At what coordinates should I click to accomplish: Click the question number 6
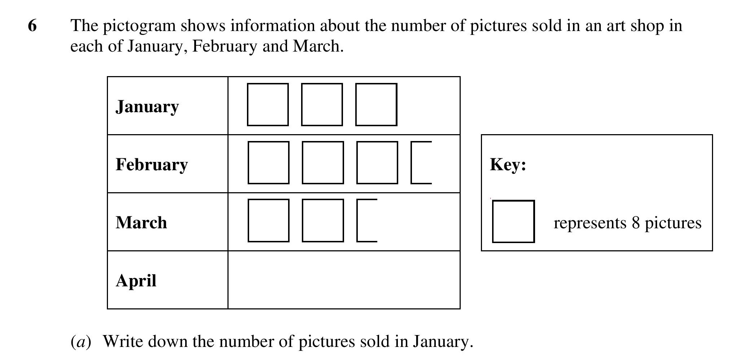(32, 26)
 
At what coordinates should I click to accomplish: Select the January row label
(147, 107)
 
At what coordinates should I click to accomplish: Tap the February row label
(152, 164)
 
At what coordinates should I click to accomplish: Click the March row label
(141, 223)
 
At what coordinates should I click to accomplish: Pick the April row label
(136, 281)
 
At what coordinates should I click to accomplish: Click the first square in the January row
(248, 105)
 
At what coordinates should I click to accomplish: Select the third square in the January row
(356, 105)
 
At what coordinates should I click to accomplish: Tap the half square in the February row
(412, 162)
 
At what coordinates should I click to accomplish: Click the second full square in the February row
(303, 163)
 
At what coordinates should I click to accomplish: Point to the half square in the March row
(357, 220)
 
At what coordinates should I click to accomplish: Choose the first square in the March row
(248, 220)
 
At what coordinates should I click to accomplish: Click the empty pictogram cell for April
(344, 280)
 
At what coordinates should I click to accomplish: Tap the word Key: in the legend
(508, 165)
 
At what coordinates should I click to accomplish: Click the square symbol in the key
(493, 221)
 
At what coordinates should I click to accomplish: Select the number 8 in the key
(636, 223)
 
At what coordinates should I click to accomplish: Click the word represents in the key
(590, 224)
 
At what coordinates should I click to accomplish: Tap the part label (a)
(81, 342)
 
